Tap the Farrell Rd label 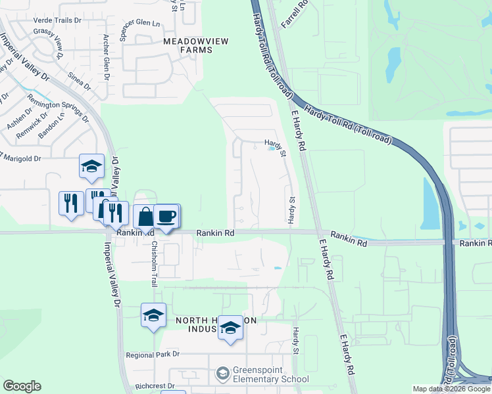(294, 14)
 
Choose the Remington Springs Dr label (58, 109)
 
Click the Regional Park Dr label (153, 355)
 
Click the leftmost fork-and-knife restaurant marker (71, 202)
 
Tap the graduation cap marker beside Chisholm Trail (153, 315)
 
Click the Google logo (22, 386)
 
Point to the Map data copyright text (451, 389)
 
